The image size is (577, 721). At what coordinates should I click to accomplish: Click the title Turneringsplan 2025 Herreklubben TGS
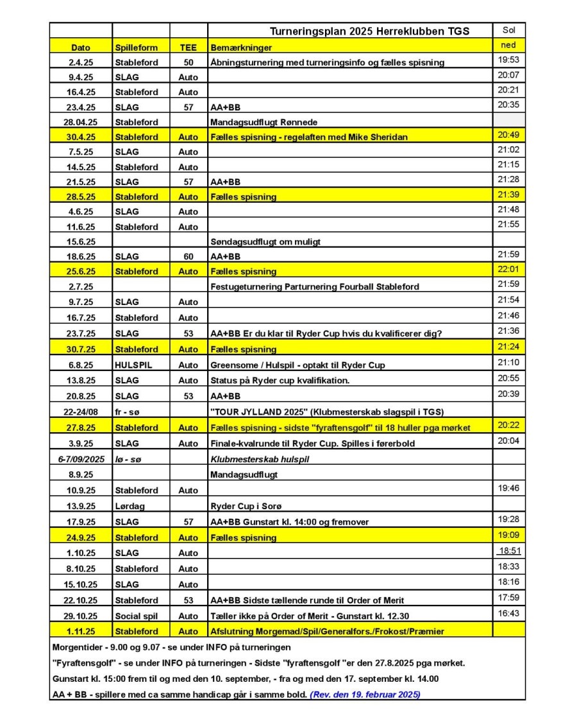[369, 31]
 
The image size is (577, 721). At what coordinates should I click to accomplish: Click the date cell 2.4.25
[81, 63]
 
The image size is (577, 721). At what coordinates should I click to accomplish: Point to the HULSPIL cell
[133, 365]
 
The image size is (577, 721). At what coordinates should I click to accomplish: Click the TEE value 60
[188, 256]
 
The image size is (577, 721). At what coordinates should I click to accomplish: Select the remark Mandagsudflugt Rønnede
[263, 122]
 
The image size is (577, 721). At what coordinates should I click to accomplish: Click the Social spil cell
[136, 616]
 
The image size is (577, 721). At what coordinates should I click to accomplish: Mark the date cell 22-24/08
[81, 412]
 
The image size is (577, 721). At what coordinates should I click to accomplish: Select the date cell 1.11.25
[81, 631]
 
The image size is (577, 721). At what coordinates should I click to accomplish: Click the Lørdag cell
[130, 506]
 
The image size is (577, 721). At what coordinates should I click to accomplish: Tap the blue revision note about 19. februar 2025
[365, 694]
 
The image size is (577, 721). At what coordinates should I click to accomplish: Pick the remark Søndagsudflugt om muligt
[265, 241]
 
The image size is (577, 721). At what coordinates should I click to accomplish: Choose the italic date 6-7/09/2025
[81, 459]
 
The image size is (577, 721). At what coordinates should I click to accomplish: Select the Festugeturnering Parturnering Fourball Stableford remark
[315, 286]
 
